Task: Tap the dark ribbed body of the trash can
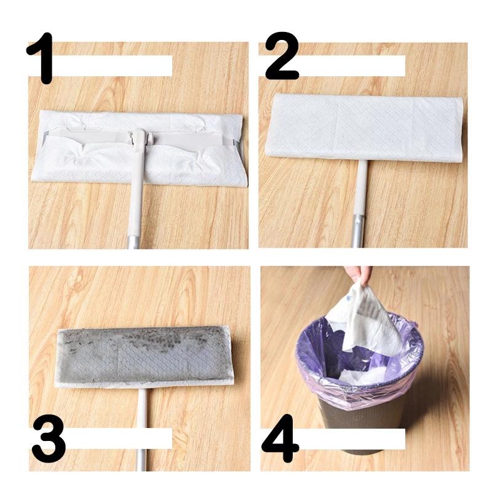point(363,424)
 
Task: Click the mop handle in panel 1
point(135,203)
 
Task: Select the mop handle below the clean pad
point(360,197)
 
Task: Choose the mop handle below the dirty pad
point(143,424)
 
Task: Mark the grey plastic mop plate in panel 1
point(184,138)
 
